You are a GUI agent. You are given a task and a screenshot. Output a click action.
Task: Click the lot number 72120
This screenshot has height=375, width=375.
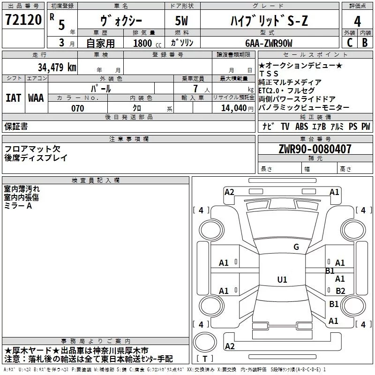pyautogui.click(x=23, y=20)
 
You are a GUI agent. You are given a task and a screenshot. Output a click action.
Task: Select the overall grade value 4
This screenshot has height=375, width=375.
pyautogui.click(x=357, y=21)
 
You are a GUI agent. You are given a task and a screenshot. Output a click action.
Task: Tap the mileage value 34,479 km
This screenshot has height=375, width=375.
pyautogui.click(x=57, y=67)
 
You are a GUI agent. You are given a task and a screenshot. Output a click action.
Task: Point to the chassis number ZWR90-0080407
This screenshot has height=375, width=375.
pyautogui.click(x=315, y=149)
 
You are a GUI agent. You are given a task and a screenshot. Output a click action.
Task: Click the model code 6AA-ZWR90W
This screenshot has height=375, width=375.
pyautogui.click(x=269, y=43)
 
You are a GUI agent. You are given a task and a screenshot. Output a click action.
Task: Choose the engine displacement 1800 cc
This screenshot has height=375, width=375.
pyautogui.click(x=147, y=43)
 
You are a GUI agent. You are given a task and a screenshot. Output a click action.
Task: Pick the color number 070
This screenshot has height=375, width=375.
pyautogui.click(x=77, y=108)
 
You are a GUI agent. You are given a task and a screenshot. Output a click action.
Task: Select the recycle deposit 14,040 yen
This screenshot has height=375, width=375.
pyautogui.click(x=237, y=108)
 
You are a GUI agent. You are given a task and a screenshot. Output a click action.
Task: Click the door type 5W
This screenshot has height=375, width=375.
pyautogui.click(x=181, y=21)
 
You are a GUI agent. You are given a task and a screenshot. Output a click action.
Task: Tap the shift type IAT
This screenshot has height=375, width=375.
pyautogui.click(x=13, y=98)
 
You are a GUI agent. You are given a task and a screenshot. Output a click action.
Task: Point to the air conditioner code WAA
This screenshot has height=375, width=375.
pyautogui.click(x=36, y=98)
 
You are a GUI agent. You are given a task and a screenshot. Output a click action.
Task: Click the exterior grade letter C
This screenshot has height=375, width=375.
pyautogui.click(x=350, y=43)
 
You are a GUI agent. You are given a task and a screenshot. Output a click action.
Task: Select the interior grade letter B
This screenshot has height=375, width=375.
pyautogui.click(x=365, y=43)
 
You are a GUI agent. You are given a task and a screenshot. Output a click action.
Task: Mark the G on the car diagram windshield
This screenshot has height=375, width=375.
pyautogui.click(x=296, y=247)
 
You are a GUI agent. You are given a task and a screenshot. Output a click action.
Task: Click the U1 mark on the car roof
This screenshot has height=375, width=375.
pyautogui.click(x=282, y=279)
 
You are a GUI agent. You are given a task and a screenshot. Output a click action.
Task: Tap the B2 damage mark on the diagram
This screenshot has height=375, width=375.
pyautogui.click(x=340, y=291)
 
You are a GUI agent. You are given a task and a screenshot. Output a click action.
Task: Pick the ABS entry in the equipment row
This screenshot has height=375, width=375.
pyautogui.click(x=301, y=127)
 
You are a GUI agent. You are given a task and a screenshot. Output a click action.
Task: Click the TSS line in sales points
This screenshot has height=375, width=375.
pyautogui.click(x=269, y=74)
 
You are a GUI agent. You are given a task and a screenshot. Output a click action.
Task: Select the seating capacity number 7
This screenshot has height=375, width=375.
pyautogui.click(x=196, y=89)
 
